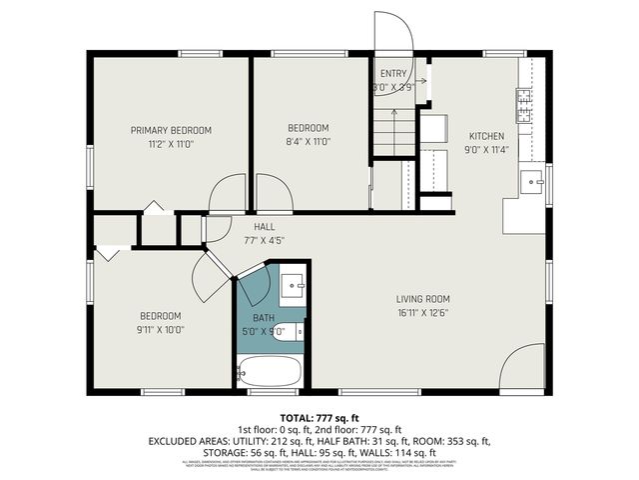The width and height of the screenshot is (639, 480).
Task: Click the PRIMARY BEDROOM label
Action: [x=172, y=130]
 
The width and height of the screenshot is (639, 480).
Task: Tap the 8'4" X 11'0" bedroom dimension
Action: [x=309, y=142]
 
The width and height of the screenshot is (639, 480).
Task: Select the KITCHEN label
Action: [x=487, y=136]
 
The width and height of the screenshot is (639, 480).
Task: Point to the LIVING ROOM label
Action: [x=422, y=298]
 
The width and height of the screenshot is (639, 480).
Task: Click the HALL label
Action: [x=265, y=226]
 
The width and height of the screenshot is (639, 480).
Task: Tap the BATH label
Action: [x=263, y=318]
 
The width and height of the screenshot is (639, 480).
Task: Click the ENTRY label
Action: [x=394, y=74]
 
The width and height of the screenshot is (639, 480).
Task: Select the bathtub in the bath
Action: [x=270, y=373]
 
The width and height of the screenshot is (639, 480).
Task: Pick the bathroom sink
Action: [x=293, y=285]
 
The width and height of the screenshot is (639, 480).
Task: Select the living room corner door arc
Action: [x=522, y=368]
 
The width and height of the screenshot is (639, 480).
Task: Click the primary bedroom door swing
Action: [x=228, y=192]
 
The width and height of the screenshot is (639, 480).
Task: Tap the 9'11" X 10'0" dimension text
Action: [x=160, y=329]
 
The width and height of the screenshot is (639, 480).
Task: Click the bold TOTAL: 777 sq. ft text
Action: [x=319, y=417]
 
